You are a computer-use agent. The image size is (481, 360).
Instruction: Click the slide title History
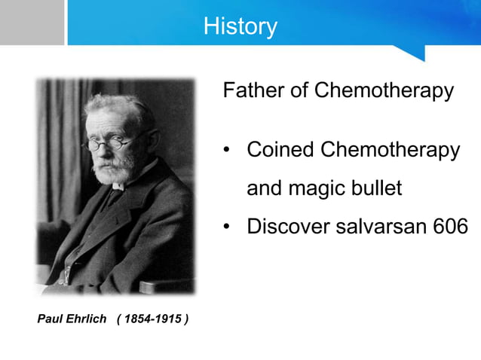point(240,26)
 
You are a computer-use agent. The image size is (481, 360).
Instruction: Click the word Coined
point(280,149)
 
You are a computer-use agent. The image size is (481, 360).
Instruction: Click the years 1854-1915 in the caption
point(153,319)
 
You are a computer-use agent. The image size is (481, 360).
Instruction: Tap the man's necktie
point(113,196)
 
